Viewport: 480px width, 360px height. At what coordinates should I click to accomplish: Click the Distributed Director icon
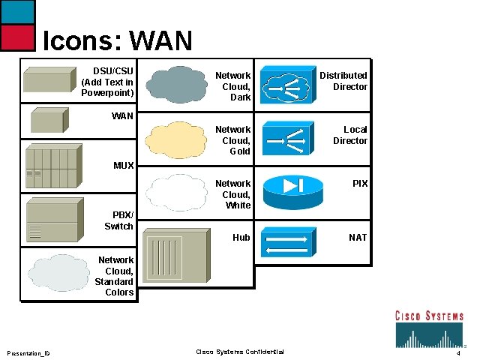(x=285, y=85)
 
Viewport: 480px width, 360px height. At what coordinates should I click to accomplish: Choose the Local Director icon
(x=285, y=139)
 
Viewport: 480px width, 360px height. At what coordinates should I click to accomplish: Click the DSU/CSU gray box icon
(x=50, y=79)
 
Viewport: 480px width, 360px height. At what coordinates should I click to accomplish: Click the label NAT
(x=358, y=238)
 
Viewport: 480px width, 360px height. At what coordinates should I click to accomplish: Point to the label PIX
(x=360, y=184)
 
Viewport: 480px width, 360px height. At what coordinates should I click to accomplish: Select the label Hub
(x=241, y=238)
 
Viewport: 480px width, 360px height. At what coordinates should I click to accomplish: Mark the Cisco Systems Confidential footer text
(x=239, y=352)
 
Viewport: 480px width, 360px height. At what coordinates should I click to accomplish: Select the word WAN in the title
(x=161, y=40)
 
